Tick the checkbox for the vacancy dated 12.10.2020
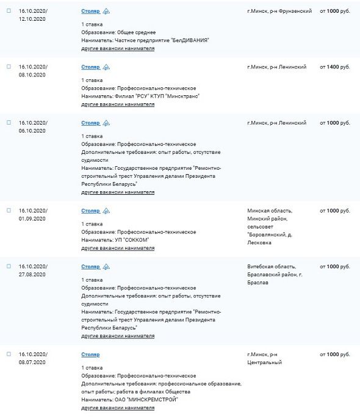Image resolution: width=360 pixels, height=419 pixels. pyautogui.click(x=9, y=11)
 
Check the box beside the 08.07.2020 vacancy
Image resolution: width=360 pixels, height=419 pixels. pyautogui.click(x=9, y=354)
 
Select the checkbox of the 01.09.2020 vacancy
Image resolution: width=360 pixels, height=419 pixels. pyautogui.click(x=9, y=210)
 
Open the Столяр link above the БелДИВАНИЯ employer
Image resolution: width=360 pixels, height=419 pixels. pyautogui.click(x=90, y=12)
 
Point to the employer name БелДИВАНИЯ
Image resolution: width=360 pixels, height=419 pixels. pyautogui.click(x=189, y=40)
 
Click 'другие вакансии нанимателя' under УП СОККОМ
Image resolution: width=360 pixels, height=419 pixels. pyautogui.click(x=118, y=249)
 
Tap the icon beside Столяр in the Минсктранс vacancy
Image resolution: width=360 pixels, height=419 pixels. pyautogui.click(x=107, y=67)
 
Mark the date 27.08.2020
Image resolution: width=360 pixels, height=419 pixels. pyautogui.click(x=32, y=275)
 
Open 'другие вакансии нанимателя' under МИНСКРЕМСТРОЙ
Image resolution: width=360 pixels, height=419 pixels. pyautogui.click(x=118, y=407)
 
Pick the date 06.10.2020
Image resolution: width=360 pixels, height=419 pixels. pyautogui.click(x=32, y=131)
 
